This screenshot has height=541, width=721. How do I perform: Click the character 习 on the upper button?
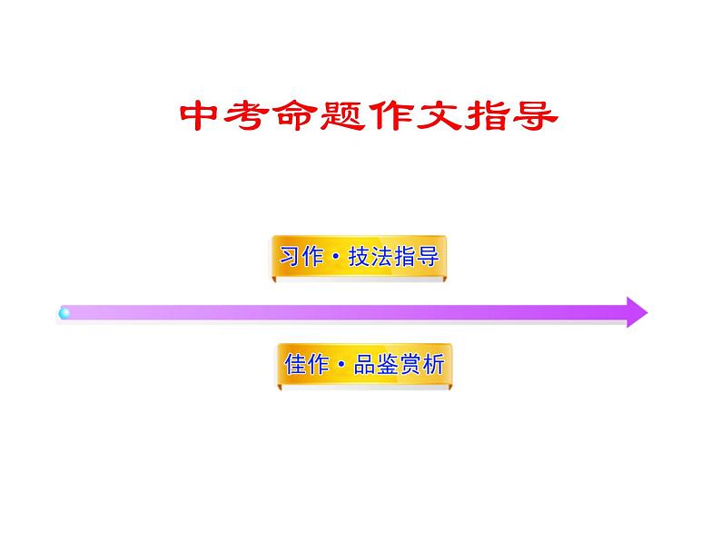pyautogui.click(x=290, y=257)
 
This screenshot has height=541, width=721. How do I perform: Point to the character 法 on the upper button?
pyautogui.click(x=383, y=257)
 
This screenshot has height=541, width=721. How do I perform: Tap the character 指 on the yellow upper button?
pyautogui.click(x=406, y=257)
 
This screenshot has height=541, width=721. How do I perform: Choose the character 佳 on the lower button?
pyautogui.click(x=295, y=365)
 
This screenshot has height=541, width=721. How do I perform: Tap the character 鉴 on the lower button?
pyautogui.click(x=389, y=365)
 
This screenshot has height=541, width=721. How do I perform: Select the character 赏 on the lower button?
pyautogui.click(x=411, y=365)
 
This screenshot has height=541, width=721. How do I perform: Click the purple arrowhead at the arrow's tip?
pyautogui.click(x=635, y=312)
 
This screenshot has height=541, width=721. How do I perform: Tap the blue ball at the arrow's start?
pyautogui.click(x=64, y=313)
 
